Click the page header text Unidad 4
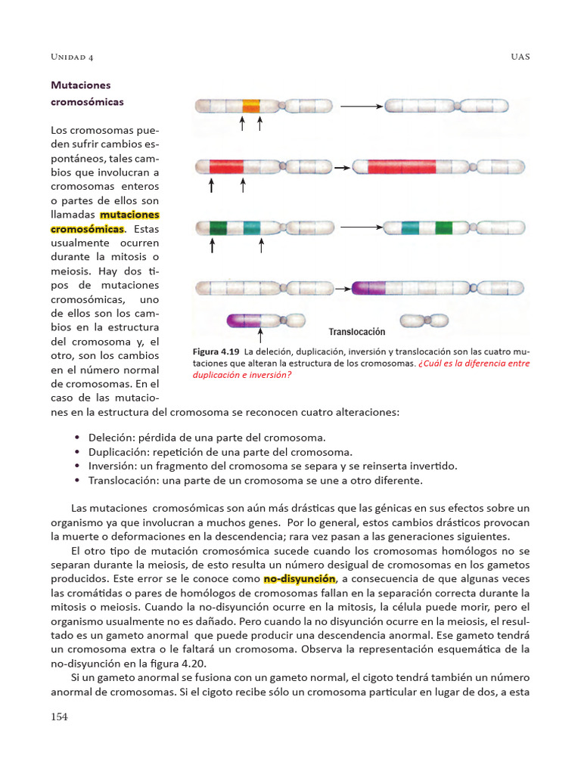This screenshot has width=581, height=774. coord(71,57)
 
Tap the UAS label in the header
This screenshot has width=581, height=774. coord(520,57)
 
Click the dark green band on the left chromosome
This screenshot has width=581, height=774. coord(219,226)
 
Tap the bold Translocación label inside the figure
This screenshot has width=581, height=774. coord(357,332)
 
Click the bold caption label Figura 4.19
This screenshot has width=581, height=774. coord(216,352)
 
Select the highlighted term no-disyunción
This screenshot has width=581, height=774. coord(299,579)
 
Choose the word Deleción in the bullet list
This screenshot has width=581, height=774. coord(111,438)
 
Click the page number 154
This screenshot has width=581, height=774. coord(59,717)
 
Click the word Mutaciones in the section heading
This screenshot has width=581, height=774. coord(80,86)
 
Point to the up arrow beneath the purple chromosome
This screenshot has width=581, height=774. coord(261,335)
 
